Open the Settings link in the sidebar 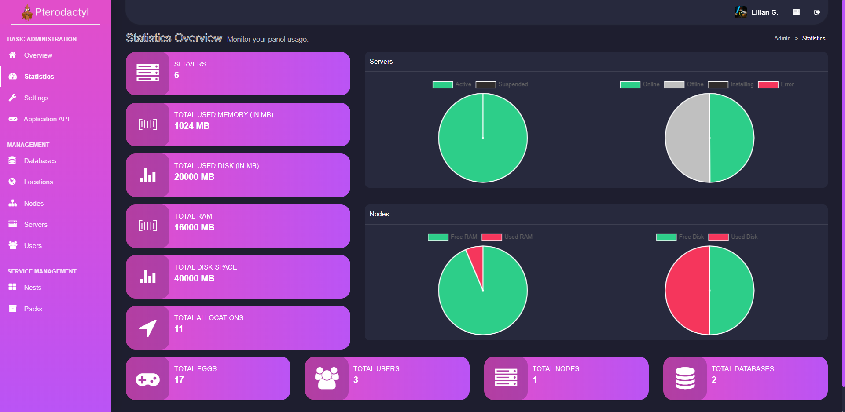tap(36, 98)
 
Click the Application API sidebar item tap(46, 119)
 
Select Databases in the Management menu tap(40, 161)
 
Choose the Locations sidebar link tap(38, 182)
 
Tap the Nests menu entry tap(33, 288)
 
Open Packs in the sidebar tap(33, 309)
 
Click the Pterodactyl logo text tap(62, 12)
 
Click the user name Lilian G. tap(764, 12)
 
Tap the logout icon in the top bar tap(817, 12)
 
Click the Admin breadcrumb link tap(782, 39)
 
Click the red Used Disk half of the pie tap(687, 290)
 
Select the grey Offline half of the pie tap(687, 138)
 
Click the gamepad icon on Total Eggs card tap(147, 379)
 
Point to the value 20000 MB tap(194, 177)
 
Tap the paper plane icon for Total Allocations tap(147, 328)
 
